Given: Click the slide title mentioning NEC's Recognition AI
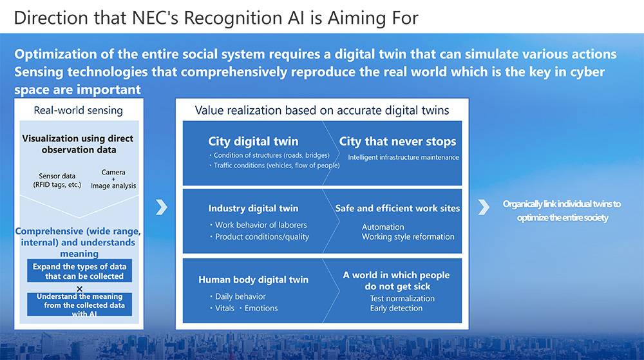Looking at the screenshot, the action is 216,18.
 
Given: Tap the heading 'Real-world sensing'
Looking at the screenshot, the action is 79,110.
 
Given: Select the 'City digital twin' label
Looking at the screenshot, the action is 253,141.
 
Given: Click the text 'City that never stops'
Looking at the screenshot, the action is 397,141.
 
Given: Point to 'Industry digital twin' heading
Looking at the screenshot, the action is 253,208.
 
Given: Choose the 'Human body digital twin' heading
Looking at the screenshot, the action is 253,279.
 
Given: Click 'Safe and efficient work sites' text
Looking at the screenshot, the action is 397,208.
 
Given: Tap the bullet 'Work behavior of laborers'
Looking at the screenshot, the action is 259,225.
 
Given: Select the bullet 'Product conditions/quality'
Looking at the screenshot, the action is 260,237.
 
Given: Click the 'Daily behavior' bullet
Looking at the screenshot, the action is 238,296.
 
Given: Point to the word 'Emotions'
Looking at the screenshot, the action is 261,308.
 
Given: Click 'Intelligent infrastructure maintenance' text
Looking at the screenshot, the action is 403,157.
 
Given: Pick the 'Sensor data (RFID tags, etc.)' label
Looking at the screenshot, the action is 57,180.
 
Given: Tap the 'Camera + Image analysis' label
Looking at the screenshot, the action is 113,179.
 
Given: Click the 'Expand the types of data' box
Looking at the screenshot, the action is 80,270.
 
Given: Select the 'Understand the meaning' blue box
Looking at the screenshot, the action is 80,304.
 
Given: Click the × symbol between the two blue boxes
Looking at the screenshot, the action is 80,289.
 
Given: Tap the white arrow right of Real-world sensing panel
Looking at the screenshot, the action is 162,207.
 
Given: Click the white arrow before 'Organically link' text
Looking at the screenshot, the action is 484,207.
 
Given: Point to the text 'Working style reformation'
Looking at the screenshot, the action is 408,237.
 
